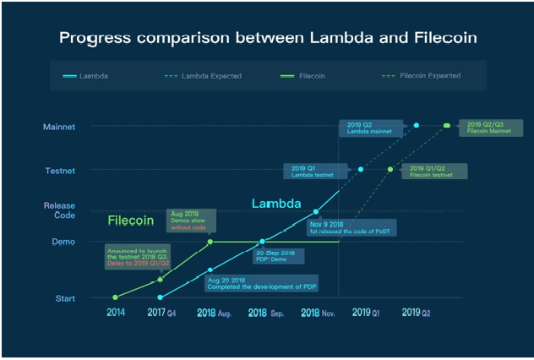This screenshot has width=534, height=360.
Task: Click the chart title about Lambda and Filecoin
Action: pos(267,38)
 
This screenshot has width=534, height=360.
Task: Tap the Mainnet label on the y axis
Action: pos(59,127)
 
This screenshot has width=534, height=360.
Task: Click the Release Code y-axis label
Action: pos(59,210)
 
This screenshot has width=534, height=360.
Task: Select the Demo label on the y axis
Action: pos(65,242)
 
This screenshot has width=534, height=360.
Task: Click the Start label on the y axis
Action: pos(65,297)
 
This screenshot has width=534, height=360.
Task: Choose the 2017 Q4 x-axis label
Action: pos(161,313)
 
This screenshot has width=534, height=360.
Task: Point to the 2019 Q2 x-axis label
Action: pos(416,313)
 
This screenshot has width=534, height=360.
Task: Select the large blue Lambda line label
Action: pos(275,205)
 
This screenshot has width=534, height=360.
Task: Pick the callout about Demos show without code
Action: pos(193,221)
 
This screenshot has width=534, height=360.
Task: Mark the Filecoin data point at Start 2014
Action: pos(115,297)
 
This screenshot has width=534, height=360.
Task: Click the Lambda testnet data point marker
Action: pos(361,169)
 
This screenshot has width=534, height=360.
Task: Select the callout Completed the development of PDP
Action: pos(261,282)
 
